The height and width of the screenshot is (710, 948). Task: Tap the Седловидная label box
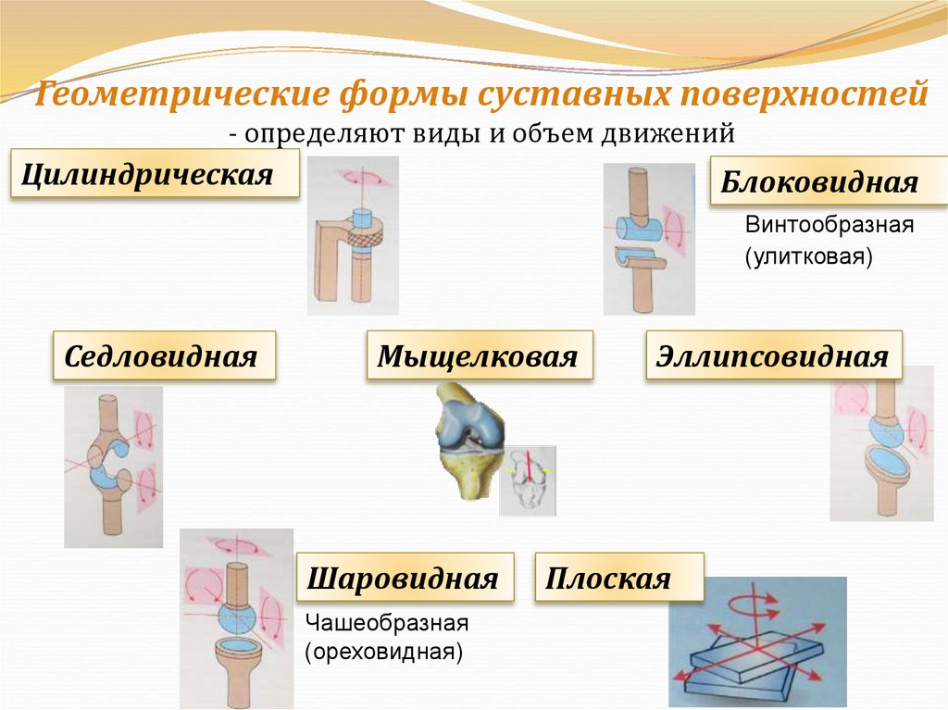164,356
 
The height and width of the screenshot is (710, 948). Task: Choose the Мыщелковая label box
479,356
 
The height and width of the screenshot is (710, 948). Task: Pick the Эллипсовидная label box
773,356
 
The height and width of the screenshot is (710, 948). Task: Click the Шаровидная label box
404,579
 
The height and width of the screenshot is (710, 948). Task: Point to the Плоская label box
618,579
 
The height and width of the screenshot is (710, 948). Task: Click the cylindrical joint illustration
353,236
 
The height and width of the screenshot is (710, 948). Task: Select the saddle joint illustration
113,466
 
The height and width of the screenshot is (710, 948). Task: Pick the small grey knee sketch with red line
528,480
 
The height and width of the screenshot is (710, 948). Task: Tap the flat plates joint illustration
757,642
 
